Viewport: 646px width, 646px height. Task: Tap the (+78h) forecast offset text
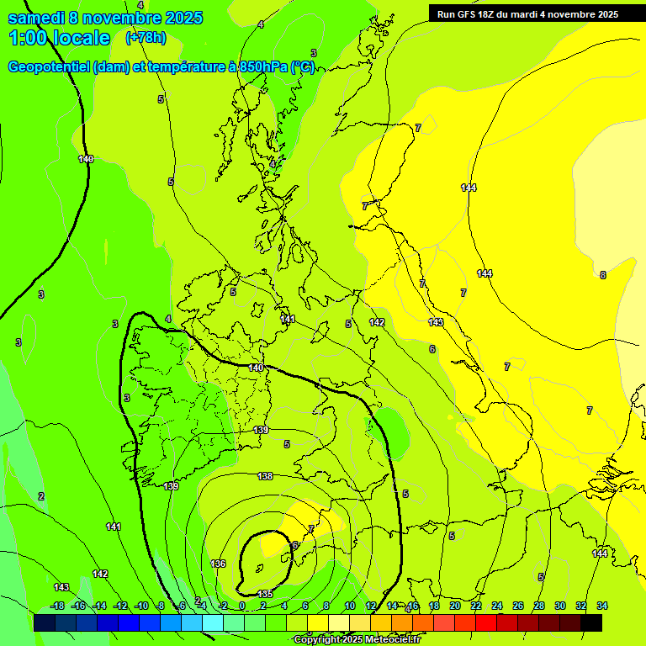tap(146, 38)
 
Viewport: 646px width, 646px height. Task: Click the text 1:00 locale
tap(59, 38)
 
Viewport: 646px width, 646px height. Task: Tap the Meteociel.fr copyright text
tap(357, 640)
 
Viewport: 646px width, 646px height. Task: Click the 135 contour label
tap(265, 594)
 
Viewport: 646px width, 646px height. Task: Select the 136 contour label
tap(218, 564)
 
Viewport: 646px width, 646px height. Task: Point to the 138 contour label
tap(265, 476)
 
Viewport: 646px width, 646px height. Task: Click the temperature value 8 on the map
tap(602, 275)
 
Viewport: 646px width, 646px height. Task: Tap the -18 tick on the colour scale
tap(57, 606)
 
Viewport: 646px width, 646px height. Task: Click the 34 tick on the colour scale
tap(602, 606)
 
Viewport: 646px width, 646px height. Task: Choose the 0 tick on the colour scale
tap(241, 606)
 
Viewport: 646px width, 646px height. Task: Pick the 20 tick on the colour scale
tap(454, 606)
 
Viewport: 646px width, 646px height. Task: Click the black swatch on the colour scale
tap(591, 623)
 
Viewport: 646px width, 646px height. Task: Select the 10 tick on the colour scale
tap(349, 606)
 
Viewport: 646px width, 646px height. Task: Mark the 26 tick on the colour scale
tap(517, 606)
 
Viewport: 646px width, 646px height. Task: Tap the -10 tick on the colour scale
tap(141, 606)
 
